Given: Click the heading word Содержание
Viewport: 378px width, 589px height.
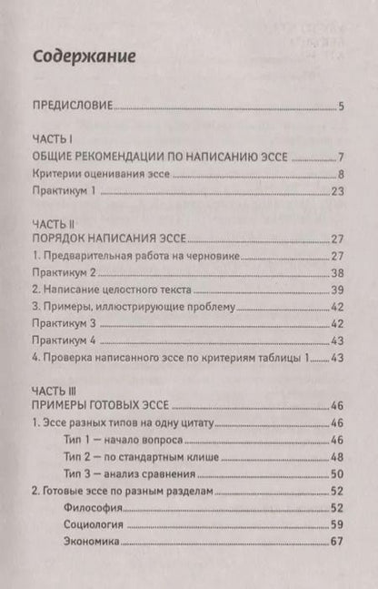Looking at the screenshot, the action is pyautogui.click(x=84, y=56).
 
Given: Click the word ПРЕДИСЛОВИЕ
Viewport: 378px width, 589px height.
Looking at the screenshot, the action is pyautogui.click(x=71, y=107).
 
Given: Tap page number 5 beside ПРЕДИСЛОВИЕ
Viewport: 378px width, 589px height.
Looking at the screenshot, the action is pyautogui.click(x=340, y=107).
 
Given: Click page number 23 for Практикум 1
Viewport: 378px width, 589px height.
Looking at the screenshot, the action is pyautogui.click(x=335, y=191).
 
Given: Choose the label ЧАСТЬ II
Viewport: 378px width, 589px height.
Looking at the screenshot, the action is pyautogui.click(x=52, y=222).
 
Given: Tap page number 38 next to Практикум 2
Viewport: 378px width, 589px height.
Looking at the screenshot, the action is pyautogui.click(x=335, y=272).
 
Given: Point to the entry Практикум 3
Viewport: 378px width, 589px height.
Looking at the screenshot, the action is pyautogui.click(x=70, y=323).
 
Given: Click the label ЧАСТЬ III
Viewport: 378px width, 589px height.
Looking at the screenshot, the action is pyautogui.click(x=54, y=389).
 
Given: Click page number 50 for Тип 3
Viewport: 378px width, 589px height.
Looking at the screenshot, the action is pyautogui.click(x=335, y=473).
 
